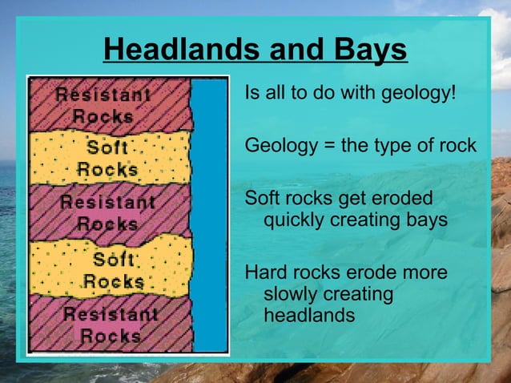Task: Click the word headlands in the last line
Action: tap(308, 316)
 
